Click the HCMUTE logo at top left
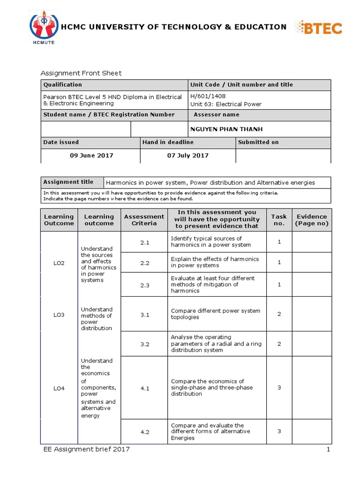(44, 29)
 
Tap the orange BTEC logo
(317, 28)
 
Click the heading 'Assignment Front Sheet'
(81, 73)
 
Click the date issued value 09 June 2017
(91, 156)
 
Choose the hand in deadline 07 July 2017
(187, 156)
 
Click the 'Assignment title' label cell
(68, 182)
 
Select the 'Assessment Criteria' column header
(144, 220)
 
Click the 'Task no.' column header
(278, 220)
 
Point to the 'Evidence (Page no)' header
(312, 220)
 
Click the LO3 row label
(59, 315)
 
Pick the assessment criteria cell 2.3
(144, 285)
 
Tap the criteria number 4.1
(144, 388)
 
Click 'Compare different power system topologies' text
(215, 314)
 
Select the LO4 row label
(59, 388)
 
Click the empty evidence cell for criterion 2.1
(312, 242)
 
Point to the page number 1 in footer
(329, 450)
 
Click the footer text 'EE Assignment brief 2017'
(85, 450)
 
